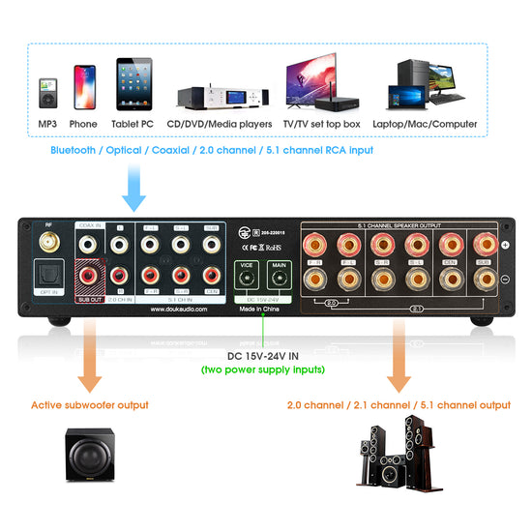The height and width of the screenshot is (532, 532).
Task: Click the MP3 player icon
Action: (x=47, y=93)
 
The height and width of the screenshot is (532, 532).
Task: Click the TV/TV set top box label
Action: (x=321, y=124)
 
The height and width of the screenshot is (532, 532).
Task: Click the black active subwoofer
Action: (x=89, y=454)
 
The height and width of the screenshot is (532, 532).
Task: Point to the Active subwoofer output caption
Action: (x=89, y=405)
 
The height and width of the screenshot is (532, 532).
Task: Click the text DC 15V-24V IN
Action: (x=266, y=356)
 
